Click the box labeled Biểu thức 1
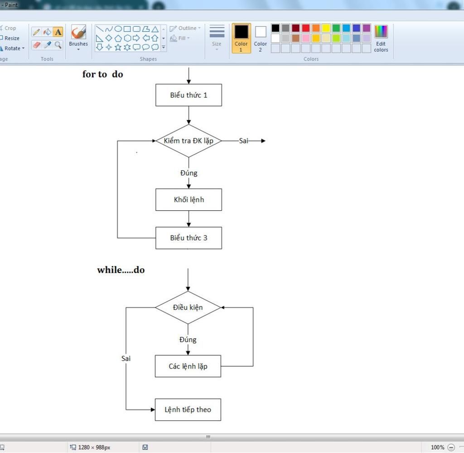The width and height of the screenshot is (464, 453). (x=188, y=95)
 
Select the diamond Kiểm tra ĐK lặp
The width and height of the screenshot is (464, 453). (x=188, y=141)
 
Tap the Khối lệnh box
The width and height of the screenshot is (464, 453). (x=188, y=200)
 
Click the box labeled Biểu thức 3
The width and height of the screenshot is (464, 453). (x=188, y=238)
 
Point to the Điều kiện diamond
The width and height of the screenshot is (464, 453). (x=188, y=307)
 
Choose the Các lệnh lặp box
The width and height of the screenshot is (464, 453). (x=188, y=366)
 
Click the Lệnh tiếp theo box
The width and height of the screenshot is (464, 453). (x=188, y=409)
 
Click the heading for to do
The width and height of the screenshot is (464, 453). (x=103, y=74)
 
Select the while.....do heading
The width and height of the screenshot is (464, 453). (x=121, y=270)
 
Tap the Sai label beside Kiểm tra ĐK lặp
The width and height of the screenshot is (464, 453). (x=244, y=141)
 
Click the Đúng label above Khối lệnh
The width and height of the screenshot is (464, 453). (x=188, y=173)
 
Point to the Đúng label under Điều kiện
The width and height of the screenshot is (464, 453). (x=188, y=340)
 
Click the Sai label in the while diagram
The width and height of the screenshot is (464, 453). (x=126, y=358)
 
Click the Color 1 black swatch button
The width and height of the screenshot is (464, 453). (x=241, y=38)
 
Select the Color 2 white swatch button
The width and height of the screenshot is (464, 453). (x=261, y=38)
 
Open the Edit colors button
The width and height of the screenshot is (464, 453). (x=381, y=39)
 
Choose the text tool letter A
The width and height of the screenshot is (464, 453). (x=58, y=32)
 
